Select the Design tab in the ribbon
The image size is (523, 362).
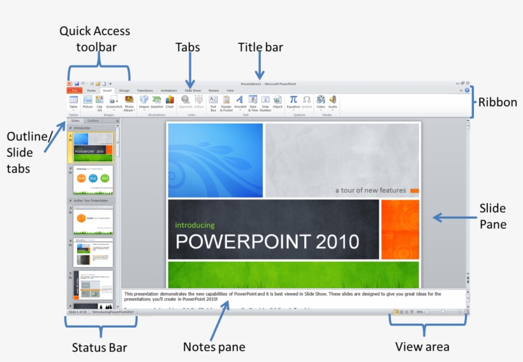pos(124,91)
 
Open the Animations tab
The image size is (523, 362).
pos(169,91)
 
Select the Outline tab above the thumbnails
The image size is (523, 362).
pos(93,120)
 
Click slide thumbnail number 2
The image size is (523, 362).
pos(93,180)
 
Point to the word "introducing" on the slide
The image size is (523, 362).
pos(195,225)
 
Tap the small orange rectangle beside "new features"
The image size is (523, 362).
pos(414,191)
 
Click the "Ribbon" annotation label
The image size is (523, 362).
pos(497,102)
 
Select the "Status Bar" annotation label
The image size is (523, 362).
pos(99,347)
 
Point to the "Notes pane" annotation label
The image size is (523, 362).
pos(214,347)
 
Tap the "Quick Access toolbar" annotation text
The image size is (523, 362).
pos(94,39)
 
